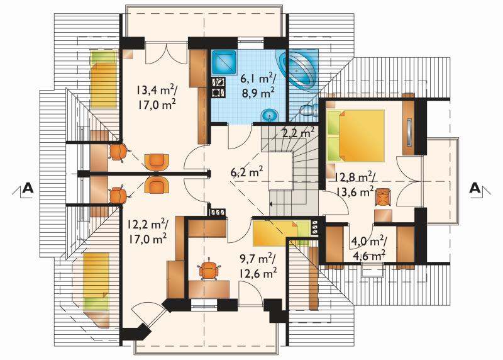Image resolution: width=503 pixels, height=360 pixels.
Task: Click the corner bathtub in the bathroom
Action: pyautogui.click(x=297, y=70)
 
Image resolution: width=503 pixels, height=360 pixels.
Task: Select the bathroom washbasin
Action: pyautogui.click(x=270, y=115)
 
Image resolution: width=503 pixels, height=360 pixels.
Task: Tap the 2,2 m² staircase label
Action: pyautogui.click(x=297, y=133)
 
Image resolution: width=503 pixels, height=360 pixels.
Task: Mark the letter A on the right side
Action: pyautogui.click(x=475, y=188)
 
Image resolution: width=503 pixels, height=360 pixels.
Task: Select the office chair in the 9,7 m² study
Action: pyautogui.click(x=209, y=269)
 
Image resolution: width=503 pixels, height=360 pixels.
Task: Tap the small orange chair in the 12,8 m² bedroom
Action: pyautogui.click(x=383, y=196)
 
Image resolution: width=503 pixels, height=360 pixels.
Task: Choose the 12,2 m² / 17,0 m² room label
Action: pyautogui.click(x=147, y=231)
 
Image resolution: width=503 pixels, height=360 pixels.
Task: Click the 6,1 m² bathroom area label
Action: pyautogui.click(x=258, y=79)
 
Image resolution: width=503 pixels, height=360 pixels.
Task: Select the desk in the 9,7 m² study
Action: pyautogui.click(x=209, y=290)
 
